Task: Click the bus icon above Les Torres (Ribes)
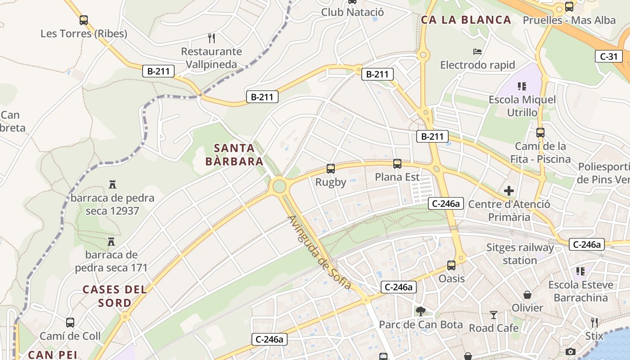[83, 20]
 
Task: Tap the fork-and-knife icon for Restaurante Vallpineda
[211, 38]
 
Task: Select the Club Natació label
[352, 12]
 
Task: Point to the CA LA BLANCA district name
[466, 20]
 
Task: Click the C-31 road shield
[608, 56]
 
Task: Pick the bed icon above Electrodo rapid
[477, 52]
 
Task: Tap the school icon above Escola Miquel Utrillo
[522, 86]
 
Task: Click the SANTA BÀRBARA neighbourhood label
[234, 154]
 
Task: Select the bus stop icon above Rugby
[331, 169]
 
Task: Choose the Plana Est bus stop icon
[397, 164]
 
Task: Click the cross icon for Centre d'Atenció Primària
[509, 191]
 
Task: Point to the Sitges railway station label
[520, 254]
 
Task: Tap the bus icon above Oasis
[451, 265]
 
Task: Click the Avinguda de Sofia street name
[319, 252]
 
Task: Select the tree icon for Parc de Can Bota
[421, 311]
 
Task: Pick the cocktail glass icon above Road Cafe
[494, 315]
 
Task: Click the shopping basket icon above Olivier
[527, 295]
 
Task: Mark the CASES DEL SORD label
[115, 296]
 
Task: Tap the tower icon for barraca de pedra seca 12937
[112, 184]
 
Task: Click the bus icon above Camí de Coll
[70, 323]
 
